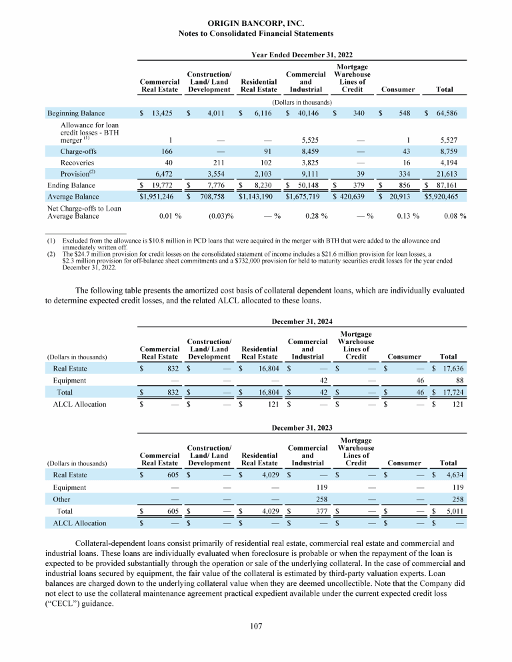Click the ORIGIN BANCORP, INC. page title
257,23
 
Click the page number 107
256,626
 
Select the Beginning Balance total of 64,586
452,113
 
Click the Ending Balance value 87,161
453,186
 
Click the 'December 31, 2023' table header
302,427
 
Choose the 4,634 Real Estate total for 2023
450,475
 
